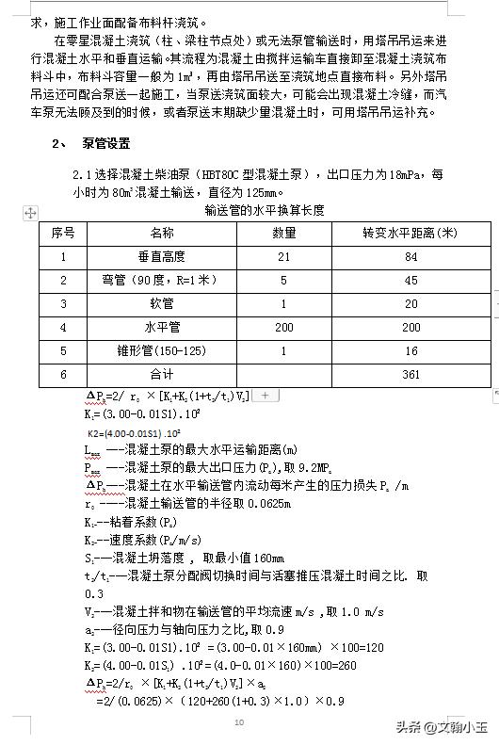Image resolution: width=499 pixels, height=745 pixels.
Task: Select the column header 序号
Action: point(63,233)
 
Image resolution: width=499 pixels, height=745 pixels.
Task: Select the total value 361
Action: point(410,374)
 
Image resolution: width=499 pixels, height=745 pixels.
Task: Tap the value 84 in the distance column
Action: point(410,256)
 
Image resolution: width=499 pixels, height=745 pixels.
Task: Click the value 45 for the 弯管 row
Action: point(410,280)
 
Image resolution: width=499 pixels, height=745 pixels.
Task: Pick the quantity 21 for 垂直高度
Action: point(283,256)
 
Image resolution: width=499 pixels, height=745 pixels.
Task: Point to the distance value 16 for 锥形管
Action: point(410,350)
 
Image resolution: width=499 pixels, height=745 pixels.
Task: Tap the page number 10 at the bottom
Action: point(239,721)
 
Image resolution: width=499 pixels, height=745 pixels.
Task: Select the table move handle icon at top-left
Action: point(30,214)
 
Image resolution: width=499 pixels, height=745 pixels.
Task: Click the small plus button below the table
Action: point(265,396)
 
